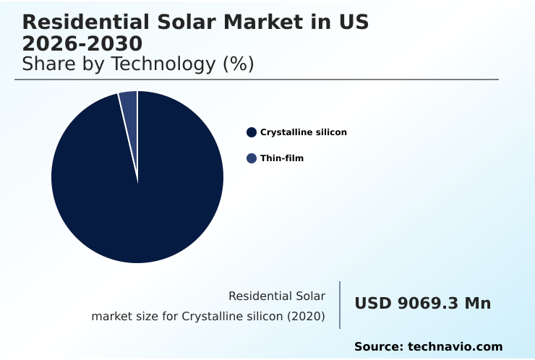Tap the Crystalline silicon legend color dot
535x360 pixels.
tap(252, 132)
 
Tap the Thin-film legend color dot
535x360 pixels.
tap(252, 158)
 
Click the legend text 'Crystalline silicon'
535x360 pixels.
tap(304, 132)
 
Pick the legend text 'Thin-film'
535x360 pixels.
tap(282, 158)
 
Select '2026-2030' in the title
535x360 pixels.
tap(82, 44)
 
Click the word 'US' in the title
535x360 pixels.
tap(354, 22)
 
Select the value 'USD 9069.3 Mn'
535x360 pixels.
tap(422, 304)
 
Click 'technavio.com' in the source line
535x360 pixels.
tap(455, 347)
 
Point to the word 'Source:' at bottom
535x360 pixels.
tap(379, 347)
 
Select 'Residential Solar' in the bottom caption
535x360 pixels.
tap(277, 296)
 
